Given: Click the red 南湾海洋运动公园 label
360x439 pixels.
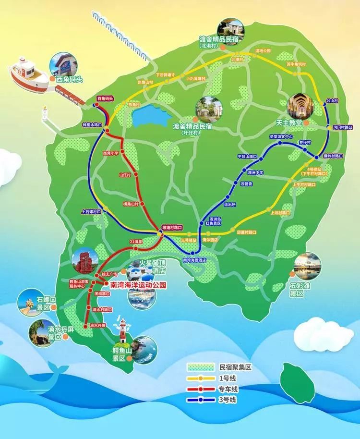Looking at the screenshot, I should tap(138, 285).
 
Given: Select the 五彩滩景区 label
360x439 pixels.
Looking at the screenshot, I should tap(297, 288).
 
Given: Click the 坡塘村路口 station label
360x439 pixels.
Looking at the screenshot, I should tap(172, 227).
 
